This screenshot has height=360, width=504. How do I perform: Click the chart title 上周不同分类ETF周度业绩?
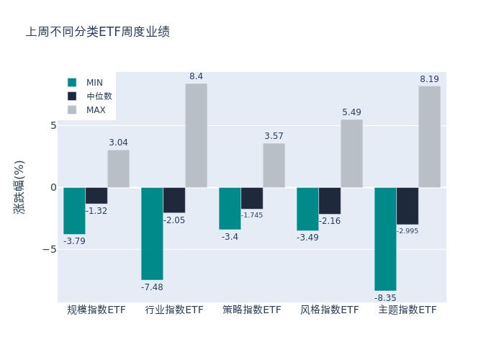[x=98, y=32]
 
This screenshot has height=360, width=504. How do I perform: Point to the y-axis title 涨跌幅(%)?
[x=19, y=186]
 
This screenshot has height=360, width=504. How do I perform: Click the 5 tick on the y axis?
[x=53, y=125]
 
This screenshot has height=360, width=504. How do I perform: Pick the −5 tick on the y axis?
[x=50, y=249]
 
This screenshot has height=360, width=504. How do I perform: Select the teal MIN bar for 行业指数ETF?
[x=152, y=233]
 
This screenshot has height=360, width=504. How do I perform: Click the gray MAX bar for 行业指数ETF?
[x=196, y=135]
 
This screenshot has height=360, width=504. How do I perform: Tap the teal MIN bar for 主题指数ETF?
[x=385, y=239]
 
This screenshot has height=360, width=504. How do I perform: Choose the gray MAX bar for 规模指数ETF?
[x=118, y=168]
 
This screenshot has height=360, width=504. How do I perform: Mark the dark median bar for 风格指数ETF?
[x=330, y=201]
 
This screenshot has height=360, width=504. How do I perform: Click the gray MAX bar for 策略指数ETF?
[x=274, y=166]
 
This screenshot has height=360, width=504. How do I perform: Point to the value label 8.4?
[x=196, y=76]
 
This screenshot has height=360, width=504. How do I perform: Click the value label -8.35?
[x=385, y=297]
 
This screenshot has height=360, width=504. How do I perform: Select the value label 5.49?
[x=351, y=112]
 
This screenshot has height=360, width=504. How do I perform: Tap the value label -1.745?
[x=252, y=215]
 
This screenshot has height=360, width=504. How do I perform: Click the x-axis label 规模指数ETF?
[x=96, y=310]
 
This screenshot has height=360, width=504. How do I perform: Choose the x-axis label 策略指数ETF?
[x=252, y=310]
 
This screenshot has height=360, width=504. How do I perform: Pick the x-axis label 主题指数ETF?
[x=408, y=310]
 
